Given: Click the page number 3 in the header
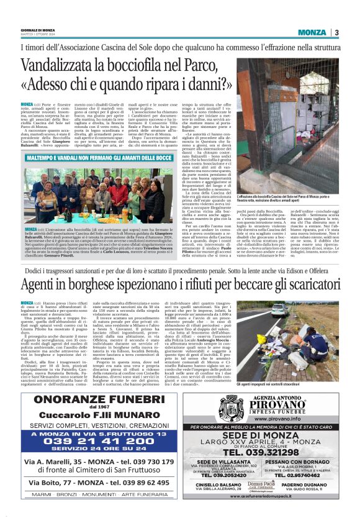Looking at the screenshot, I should click(x=336, y=32).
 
